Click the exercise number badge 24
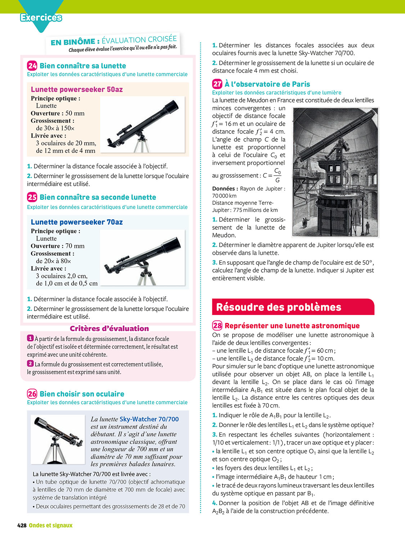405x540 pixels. [x=32, y=66]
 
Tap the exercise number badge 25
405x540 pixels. [x=32, y=197]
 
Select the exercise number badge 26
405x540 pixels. [x=32, y=393]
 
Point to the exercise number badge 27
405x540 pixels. [x=217, y=84]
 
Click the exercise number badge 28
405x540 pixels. [x=217, y=325]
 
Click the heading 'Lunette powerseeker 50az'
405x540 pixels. [x=77, y=89]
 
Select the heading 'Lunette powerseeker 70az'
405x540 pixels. [x=77, y=222]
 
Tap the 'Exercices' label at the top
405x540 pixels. [x=41, y=17]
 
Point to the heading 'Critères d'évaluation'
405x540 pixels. [x=109, y=328]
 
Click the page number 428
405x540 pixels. [x=22, y=525]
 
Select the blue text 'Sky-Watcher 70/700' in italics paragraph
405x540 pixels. [x=149, y=419]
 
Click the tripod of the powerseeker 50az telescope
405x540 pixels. [x=142, y=144]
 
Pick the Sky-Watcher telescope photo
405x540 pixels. [x=58, y=439]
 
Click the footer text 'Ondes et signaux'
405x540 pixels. [x=51, y=525]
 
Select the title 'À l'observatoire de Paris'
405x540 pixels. [x=267, y=84]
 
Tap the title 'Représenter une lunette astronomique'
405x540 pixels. [x=292, y=325]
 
